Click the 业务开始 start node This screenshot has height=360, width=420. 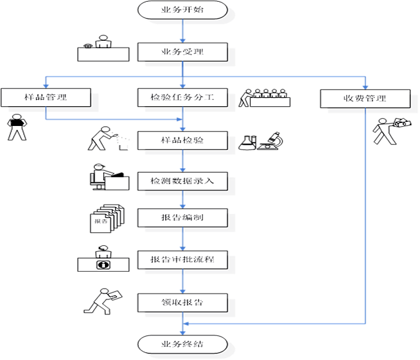click(182, 10)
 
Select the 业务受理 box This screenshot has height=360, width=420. click(182, 52)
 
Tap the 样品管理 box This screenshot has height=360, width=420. click(46, 97)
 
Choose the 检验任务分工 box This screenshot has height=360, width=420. click(182, 97)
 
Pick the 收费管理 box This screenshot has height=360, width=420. click(365, 98)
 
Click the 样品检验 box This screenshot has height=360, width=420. click(182, 141)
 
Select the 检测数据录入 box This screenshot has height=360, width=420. click(182, 181)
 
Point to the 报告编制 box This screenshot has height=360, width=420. click(182, 217)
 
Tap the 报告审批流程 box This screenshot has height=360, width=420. click(182, 261)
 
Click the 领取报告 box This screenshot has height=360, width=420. click(182, 302)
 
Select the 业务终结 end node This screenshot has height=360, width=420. click(182, 344)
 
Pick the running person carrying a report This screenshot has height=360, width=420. click(103, 301)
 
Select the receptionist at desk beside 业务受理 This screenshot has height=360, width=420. click(103, 49)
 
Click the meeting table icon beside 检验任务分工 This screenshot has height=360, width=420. click(265, 98)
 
